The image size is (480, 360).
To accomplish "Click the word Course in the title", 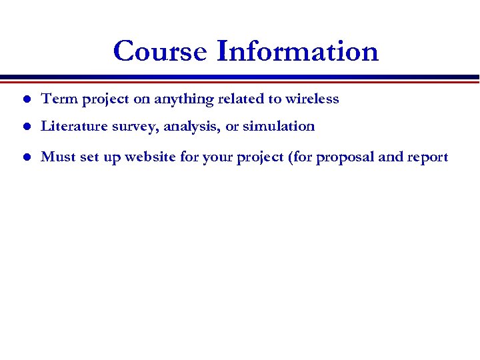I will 161,51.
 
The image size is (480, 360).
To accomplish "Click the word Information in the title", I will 298,51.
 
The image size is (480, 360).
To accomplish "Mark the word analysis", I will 188,127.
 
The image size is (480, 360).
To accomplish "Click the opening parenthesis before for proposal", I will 290,158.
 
